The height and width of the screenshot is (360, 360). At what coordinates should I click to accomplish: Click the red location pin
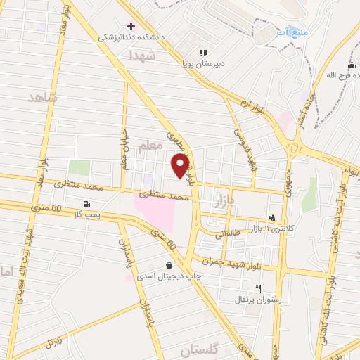(181, 166)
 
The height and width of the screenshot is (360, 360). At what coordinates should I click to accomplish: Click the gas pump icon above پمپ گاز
(86, 205)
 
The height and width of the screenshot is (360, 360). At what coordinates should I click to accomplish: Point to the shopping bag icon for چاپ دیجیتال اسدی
(169, 265)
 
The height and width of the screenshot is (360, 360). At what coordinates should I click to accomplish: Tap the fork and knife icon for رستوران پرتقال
(259, 288)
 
